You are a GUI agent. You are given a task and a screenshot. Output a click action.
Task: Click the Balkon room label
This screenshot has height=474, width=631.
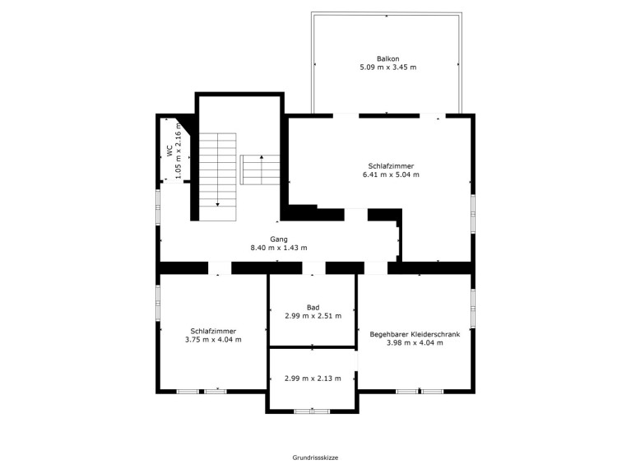coord(388,58)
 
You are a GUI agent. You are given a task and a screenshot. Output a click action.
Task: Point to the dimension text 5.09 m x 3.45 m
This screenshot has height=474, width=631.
coord(388,67)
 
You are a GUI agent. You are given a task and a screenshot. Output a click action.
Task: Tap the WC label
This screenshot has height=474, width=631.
coord(169,151)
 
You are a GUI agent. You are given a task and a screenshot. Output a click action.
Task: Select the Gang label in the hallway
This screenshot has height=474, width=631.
coord(278,239)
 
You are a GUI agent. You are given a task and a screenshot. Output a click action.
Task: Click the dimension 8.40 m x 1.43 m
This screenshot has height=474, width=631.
coord(278,248)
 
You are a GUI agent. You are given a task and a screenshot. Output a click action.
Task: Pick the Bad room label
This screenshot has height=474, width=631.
coord(313,308)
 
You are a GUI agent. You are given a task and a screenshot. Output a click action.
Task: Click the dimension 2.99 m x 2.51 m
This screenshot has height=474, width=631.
coord(313,316)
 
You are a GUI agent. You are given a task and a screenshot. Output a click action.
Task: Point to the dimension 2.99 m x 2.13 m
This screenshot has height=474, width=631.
coord(313,379)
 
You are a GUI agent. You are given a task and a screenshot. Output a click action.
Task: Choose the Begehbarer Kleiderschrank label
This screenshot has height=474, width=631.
coord(415,334)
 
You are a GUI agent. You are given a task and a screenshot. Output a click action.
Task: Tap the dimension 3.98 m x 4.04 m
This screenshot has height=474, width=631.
coord(415,343)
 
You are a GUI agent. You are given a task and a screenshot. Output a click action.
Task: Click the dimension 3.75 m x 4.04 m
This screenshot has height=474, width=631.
coord(213,340)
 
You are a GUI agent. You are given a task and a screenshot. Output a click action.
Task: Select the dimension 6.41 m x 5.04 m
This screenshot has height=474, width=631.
coord(391,174)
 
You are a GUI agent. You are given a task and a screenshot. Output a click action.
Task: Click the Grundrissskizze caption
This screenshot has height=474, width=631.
coord(315,458)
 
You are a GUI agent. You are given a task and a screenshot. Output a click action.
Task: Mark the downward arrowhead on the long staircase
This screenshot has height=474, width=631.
coord(218,204)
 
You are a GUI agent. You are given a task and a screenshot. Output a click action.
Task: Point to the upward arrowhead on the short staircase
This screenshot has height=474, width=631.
coord(262,157)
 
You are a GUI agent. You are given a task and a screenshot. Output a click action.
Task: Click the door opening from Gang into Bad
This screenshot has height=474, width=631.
coord(314,268)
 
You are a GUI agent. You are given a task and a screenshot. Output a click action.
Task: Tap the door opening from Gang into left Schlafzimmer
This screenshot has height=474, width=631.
coord(220,268)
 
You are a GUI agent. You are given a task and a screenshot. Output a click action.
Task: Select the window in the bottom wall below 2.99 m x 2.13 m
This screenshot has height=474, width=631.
coord(312,411)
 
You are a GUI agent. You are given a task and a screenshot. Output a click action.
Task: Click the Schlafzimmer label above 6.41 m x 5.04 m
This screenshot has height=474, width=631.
coord(391,165)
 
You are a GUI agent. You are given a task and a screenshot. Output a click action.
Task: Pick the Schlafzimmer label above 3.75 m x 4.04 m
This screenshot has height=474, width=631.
coord(213,331)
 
